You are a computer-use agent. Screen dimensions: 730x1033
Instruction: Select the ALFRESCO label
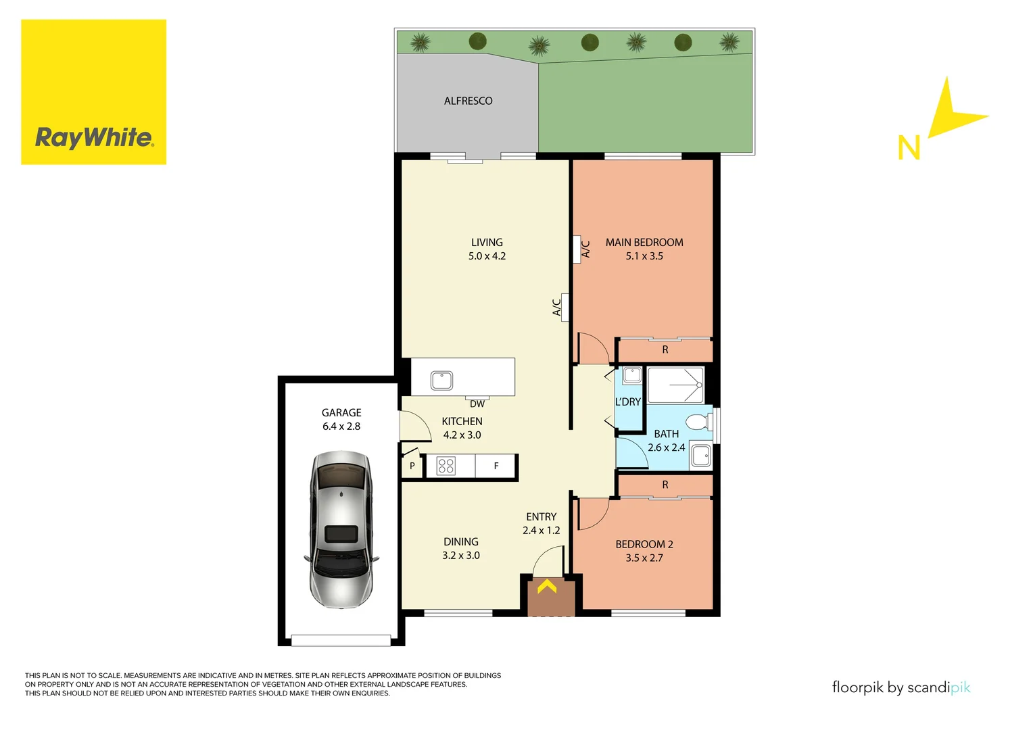pos(468,101)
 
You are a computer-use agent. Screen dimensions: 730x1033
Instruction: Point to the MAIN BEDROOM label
pos(644,242)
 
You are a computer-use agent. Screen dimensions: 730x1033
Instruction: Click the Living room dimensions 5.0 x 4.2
pos(487,256)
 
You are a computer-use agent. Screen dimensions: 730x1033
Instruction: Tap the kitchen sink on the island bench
pos(442,381)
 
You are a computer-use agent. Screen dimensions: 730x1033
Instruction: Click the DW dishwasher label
pos(477,404)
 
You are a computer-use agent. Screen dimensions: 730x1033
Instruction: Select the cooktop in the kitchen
pos(446,466)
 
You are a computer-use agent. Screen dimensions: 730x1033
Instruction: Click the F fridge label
pos(496,466)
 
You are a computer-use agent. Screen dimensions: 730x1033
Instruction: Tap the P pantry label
pos(412,466)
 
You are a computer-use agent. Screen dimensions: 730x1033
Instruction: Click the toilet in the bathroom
pos(698,422)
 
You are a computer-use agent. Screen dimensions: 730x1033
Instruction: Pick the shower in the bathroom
pos(675,385)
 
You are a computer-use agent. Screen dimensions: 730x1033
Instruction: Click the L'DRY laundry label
pos(627,401)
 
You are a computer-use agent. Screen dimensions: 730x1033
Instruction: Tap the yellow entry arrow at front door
pos(547,587)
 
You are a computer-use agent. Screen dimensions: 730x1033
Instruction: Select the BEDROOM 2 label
pos(644,544)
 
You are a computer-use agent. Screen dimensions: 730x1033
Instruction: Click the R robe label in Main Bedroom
pos(665,350)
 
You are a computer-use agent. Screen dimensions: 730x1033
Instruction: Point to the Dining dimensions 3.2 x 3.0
pos(461,556)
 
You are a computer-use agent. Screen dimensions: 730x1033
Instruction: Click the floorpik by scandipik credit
pos(900,687)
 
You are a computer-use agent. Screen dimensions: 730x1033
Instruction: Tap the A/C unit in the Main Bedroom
pos(577,249)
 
